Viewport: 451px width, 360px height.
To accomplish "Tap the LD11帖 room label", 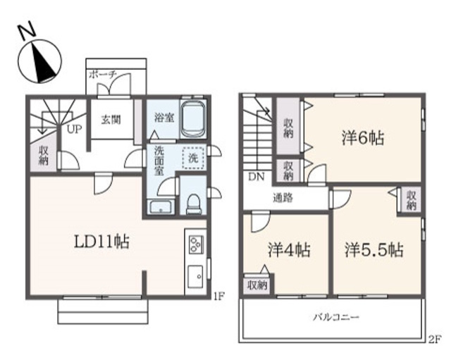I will click(x=101, y=242).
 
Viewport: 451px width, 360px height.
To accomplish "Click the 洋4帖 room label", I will click(x=290, y=249).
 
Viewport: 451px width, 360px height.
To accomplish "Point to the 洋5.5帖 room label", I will click(x=373, y=249).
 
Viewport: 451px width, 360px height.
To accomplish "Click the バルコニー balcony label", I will click(x=336, y=318).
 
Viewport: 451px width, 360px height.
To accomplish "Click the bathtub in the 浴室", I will click(x=192, y=118).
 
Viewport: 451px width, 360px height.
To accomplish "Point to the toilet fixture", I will click(x=193, y=203).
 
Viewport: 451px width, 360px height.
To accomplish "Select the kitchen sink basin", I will click(x=195, y=275).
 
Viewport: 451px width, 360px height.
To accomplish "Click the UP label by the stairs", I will click(x=73, y=130).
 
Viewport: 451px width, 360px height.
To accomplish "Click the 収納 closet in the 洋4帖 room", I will click(x=257, y=285).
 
